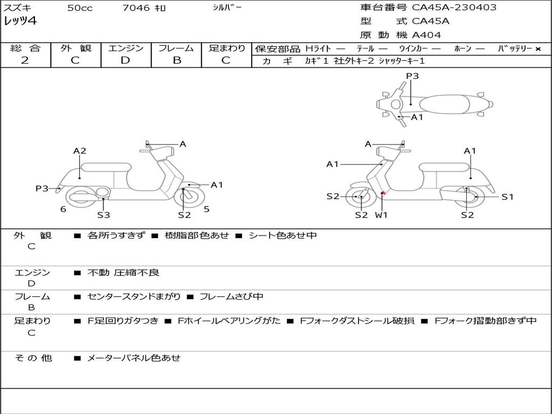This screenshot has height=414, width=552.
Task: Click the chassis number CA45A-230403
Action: click(x=454, y=8)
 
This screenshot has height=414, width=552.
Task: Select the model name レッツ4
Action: click(x=20, y=22)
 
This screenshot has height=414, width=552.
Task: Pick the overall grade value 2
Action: click(x=25, y=60)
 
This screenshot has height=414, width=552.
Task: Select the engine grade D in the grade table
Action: click(x=125, y=60)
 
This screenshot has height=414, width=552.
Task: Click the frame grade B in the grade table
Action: click(x=177, y=60)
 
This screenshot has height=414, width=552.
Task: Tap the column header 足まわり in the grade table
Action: click(x=227, y=49)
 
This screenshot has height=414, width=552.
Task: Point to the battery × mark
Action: click(x=537, y=49)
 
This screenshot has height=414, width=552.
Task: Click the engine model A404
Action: click(x=426, y=35)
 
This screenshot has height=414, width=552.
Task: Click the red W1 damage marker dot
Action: click(x=383, y=192)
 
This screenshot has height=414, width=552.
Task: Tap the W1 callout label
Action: click(x=382, y=215)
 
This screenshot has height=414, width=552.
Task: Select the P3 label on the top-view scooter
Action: click(x=412, y=76)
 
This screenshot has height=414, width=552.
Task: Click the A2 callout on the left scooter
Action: click(x=80, y=151)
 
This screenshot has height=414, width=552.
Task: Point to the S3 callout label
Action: click(x=103, y=215)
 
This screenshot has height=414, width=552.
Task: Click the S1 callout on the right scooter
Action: click(x=507, y=197)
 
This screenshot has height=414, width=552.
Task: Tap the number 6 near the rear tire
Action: click(x=63, y=209)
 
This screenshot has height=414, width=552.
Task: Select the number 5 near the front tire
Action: click(x=206, y=209)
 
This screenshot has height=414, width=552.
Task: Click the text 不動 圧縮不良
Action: click(x=123, y=273)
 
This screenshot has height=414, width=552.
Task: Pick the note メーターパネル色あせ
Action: click(x=134, y=357)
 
